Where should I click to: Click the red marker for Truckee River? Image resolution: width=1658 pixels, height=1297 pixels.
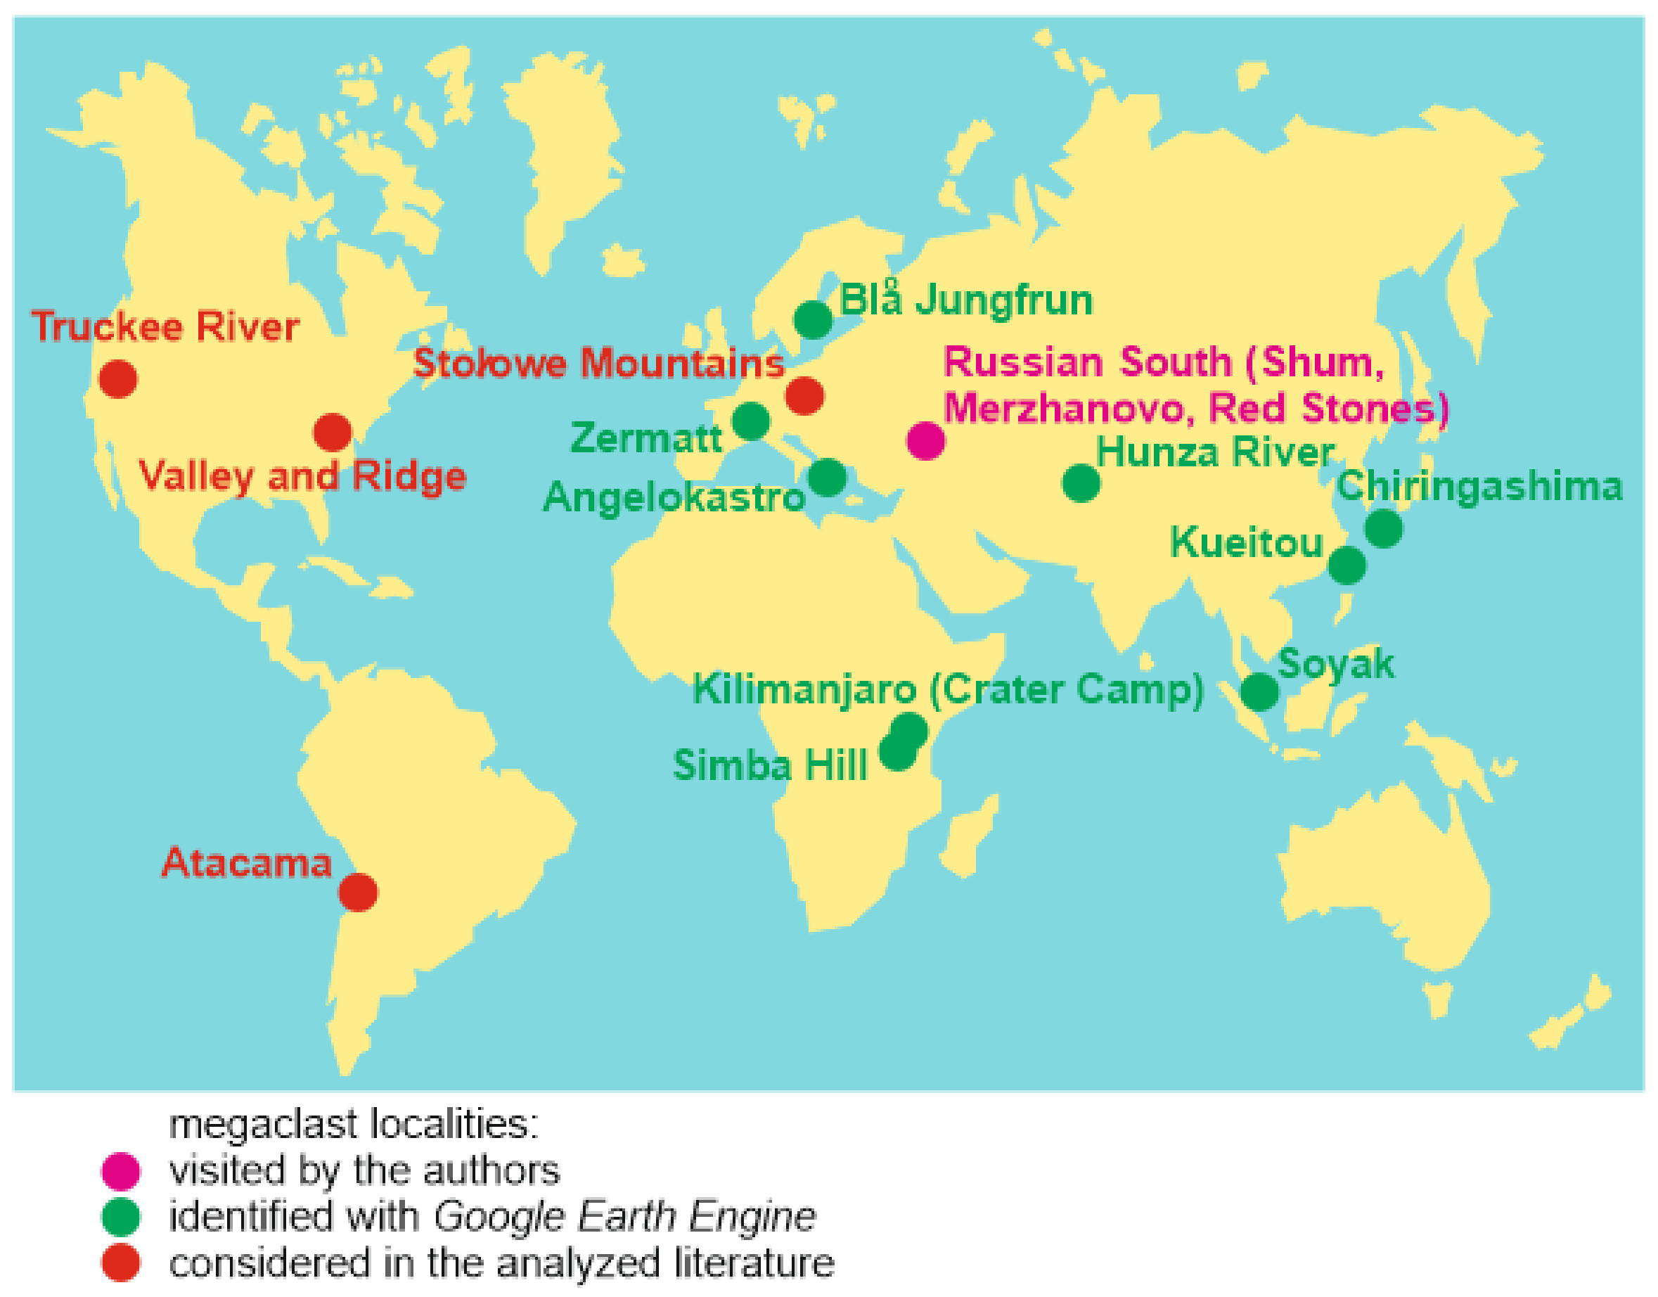coord(117,378)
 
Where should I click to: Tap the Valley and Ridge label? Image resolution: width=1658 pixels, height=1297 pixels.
coord(302,477)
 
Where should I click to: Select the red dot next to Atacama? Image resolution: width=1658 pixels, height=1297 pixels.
coord(358,893)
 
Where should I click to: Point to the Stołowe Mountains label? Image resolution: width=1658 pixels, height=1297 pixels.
coord(598,363)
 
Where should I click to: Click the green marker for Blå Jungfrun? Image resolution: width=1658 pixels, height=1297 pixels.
coord(813,320)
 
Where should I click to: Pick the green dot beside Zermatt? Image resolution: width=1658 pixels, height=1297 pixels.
coord(751,421)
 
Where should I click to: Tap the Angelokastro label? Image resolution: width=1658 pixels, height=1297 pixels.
coord(674,498)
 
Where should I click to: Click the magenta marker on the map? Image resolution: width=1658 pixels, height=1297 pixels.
coord(926,440)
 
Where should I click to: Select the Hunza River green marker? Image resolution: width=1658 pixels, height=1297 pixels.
coord(1081,483)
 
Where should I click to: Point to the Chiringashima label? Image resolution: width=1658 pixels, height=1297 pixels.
coord(1479,486)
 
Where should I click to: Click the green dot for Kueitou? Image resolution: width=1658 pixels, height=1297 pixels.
coord(1347,565)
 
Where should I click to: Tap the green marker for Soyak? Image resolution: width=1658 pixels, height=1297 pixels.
coord(1259,692)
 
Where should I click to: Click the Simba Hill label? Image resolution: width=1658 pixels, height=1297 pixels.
coord(770,765)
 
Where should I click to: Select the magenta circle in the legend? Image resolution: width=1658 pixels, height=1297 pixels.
coord(121,1171)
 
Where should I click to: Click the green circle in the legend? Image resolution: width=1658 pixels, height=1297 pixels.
coord(121,1217)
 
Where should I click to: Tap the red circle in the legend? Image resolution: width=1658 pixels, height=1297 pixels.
coord(121,1262)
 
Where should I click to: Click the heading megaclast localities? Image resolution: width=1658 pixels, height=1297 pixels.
coord(353,1125)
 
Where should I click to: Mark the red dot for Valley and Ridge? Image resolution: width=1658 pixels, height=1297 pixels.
coord(333,433)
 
